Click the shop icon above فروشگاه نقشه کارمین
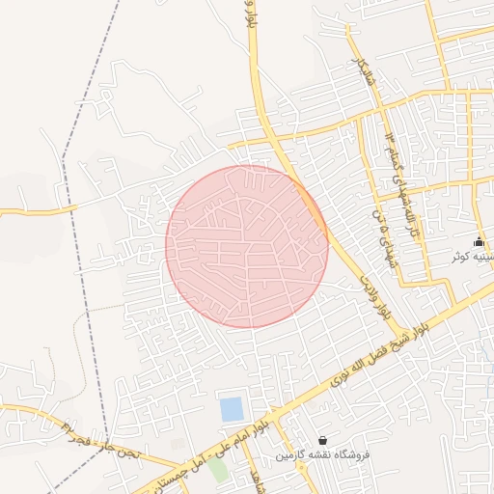click(x=321, y=440)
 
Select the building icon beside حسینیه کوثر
click(x=479, y=241)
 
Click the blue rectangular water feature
click(x=232, y=409)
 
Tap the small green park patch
click(x=219, y=470)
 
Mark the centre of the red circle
click(x=247, y=246)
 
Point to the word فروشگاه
click(x=354, y=453)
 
